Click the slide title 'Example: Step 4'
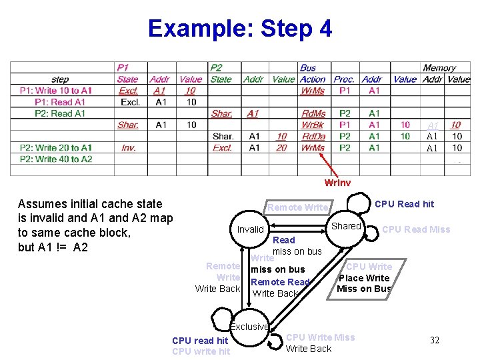coord(239,29)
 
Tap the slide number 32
coord(434,341)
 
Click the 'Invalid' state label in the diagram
coord(251,229)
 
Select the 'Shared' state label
coord(346,226)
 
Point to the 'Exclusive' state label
coord(249,327)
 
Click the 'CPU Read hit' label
coord(404,204)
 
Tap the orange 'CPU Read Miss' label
coord(416,229)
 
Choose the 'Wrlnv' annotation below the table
coord(337,182)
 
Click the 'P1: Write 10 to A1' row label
coord(59,91)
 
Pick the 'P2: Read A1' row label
coord(60,113)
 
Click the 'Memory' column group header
coord(439,68)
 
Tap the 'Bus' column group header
coord(308,68)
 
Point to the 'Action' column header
coord(313,79)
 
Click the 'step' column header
coord(59,79)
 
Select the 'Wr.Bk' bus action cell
coord(313,125)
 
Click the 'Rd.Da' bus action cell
coord(313,136)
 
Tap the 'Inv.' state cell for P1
coord(128,147)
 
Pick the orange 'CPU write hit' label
coord(201,351)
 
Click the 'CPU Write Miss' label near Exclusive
coord(320,337)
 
